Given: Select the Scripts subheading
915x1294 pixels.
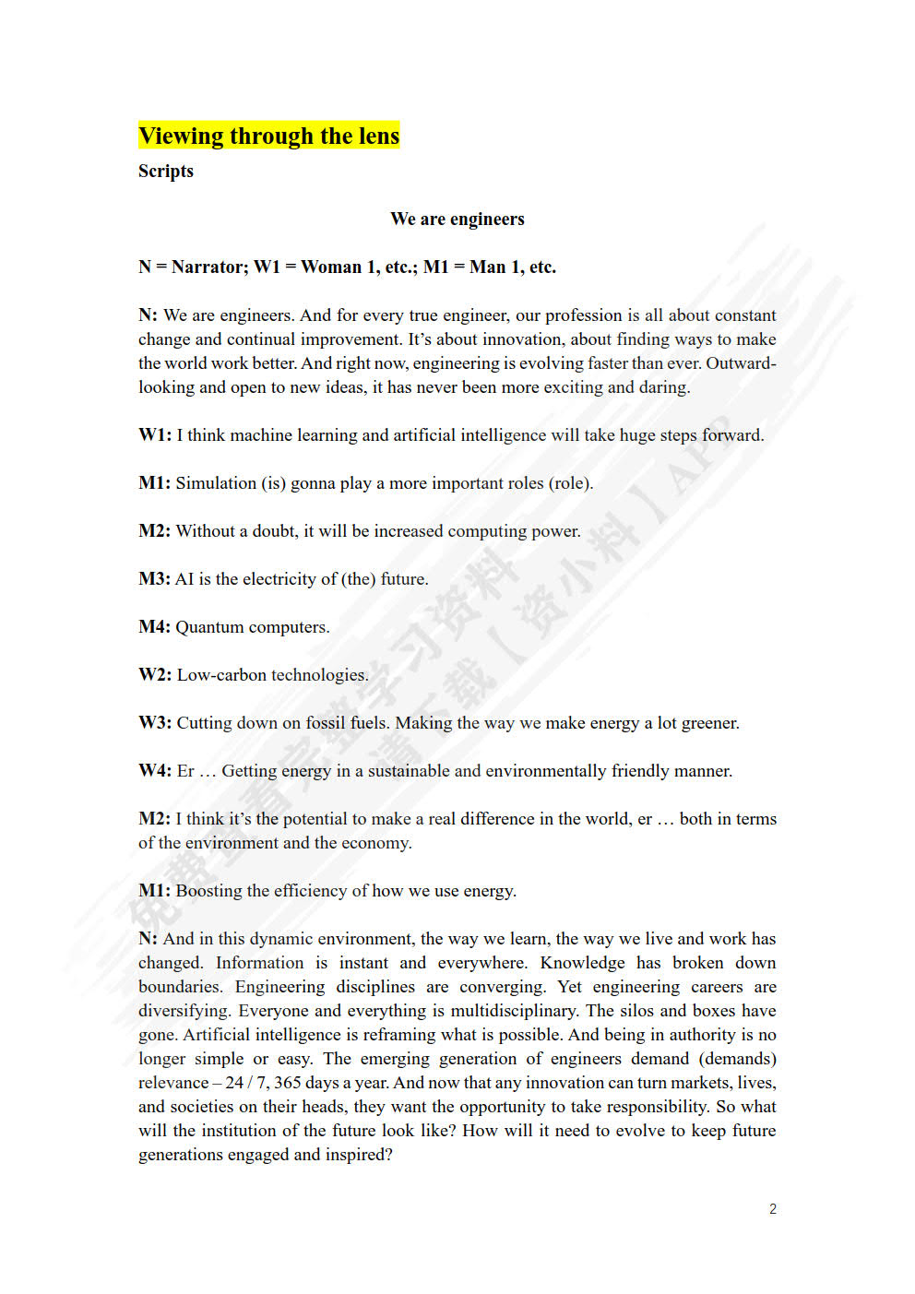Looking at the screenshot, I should (x=166, y=172).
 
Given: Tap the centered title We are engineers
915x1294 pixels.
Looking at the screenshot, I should (x=457, y=220).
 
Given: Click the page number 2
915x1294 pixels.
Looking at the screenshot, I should (x=773, y=1209).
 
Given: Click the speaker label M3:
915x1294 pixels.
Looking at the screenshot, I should (x=154, y=579).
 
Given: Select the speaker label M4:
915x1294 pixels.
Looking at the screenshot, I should (x=154, y=627).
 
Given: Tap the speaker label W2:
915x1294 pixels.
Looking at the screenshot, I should (x=155, y=675).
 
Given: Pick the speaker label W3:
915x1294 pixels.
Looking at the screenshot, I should (x=155, y=723).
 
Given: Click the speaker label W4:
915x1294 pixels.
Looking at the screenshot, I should (x=155, y=771).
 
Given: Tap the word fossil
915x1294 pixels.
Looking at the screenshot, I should (x=326, y=723).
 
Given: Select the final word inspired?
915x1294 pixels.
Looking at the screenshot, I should (x=359, y=1155).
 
